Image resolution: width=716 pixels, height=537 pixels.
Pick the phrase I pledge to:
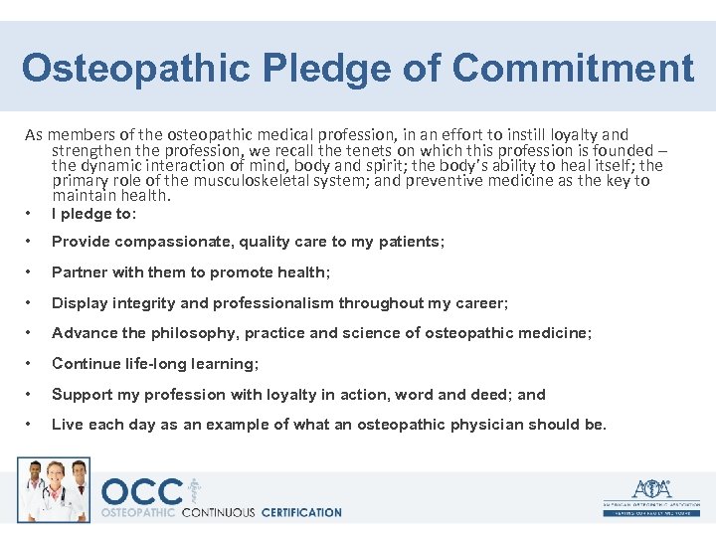point(93,213)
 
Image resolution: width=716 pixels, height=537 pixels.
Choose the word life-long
point(154,364)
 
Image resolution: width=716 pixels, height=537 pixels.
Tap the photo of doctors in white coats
point(53,489)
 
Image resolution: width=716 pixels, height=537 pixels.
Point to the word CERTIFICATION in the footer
point(300,513)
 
